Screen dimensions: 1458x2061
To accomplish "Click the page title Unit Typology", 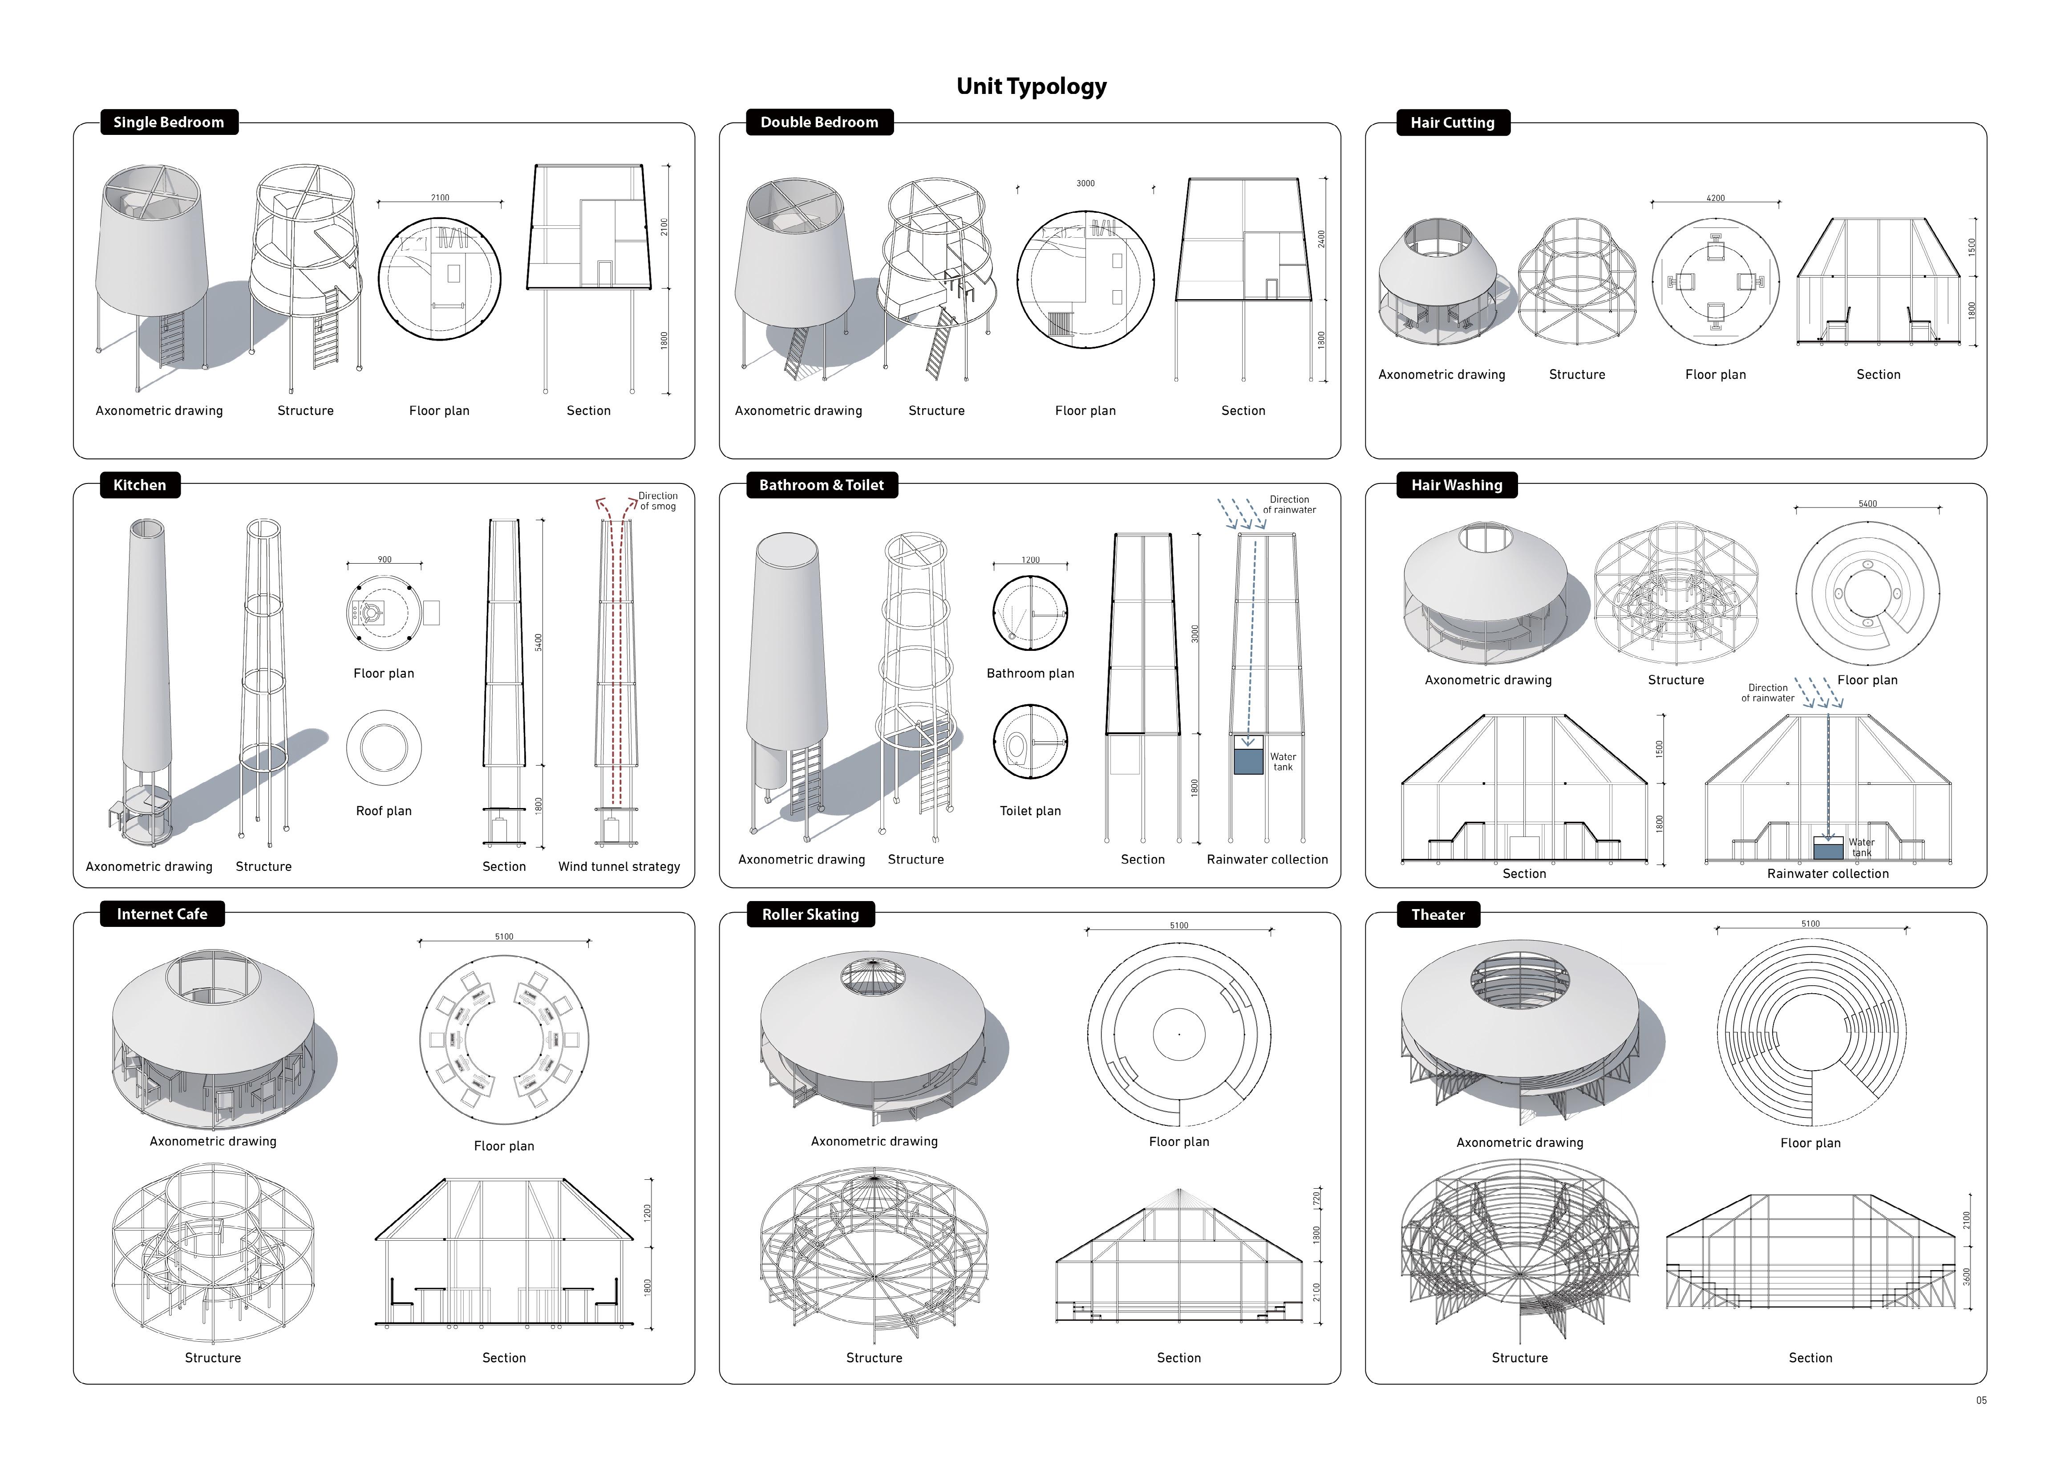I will (1031, 86).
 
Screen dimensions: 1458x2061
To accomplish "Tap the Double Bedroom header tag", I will (818, 122).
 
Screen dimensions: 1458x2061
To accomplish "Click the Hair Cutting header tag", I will (1451, 123).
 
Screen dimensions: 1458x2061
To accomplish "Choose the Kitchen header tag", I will (139, 485).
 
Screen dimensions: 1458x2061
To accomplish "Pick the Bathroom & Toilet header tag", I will (822, 485).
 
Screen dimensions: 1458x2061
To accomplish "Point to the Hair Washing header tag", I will (1456, 485).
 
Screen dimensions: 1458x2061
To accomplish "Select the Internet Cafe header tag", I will (162, 914).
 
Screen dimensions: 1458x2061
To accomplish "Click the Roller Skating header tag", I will (810, 914).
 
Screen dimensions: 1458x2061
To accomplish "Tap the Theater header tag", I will (1437, 914).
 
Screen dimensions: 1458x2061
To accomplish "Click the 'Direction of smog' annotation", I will (658, 501).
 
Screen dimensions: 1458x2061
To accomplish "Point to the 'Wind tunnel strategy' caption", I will (619, 866).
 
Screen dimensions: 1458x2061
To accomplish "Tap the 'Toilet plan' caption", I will (1029, 811).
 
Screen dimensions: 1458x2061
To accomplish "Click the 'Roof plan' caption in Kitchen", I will (383, 811).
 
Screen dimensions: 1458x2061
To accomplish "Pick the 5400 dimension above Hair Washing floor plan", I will (1867, 504).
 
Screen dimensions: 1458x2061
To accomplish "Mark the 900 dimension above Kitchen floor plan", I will (384, 559).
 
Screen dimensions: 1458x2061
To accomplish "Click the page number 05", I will (1981, 1400).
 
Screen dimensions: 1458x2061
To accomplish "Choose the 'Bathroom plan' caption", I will (1029, 673).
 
